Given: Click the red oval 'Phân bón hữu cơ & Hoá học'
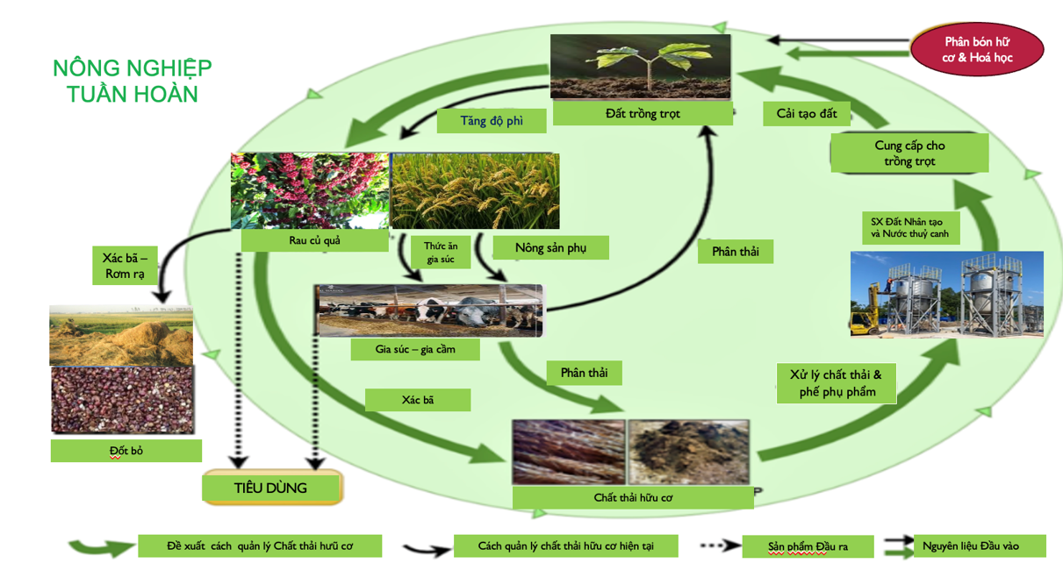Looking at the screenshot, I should [978, 49].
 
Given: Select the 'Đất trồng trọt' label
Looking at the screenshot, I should [643, 113].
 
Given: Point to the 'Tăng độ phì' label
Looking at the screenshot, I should [492, 120].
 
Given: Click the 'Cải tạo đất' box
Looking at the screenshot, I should [807, 113].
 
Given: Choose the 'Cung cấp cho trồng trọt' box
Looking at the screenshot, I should [909, 153].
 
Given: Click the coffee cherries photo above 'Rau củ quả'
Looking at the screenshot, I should [309, 190].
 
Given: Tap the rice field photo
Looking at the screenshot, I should [475, 190].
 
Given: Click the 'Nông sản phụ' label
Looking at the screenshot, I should [550, 248].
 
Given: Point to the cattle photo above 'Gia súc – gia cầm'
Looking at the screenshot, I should [429, 310].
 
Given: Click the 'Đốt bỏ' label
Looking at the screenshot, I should [126, 451].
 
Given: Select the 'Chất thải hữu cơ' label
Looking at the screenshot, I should [633, 498].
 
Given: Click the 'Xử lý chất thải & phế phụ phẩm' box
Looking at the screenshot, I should [837, 383].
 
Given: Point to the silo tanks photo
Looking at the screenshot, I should [946, 294].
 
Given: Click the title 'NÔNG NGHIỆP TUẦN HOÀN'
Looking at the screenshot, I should [133, 81].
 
